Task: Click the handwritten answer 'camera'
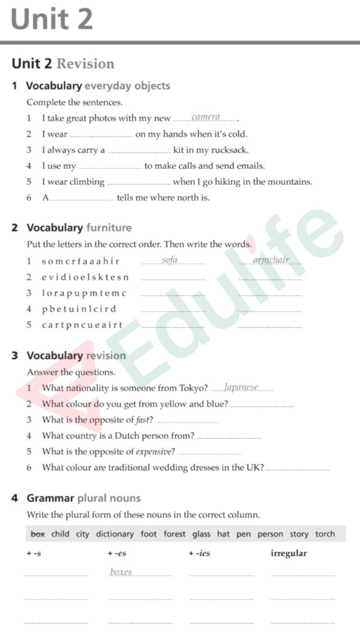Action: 206,117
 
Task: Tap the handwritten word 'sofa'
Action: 169,260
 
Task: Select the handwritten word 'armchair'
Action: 271,260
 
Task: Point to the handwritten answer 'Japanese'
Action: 241,387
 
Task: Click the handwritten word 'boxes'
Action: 121,572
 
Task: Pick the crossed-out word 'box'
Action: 38,534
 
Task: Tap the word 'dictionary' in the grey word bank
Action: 115,534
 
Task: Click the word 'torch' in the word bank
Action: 325,534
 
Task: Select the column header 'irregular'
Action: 289,554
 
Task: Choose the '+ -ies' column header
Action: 199,554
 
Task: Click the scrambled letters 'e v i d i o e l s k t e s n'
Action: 85,277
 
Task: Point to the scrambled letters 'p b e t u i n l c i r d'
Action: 79,309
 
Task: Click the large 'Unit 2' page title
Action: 51,19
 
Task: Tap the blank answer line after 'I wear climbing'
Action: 139,183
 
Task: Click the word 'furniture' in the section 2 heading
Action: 109,228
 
